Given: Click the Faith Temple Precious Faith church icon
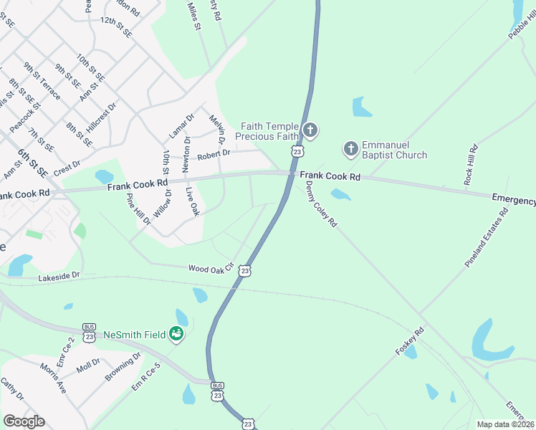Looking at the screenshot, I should point(310,130).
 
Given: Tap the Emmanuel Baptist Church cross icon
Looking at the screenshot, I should point(350,148).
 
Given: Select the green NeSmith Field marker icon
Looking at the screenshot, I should point(176,334).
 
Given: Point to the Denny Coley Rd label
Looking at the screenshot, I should point(320,204).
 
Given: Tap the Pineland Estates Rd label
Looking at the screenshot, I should point(487,238).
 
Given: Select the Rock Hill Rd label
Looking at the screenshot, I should point(470,166).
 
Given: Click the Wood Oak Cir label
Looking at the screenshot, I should point(211,268).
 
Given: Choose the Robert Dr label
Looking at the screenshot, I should point(214,153).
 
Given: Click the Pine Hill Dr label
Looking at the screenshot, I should point(139,209).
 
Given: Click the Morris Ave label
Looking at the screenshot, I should point(53,378).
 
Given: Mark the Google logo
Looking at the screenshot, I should point(24,421).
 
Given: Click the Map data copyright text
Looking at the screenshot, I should point(506,424).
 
